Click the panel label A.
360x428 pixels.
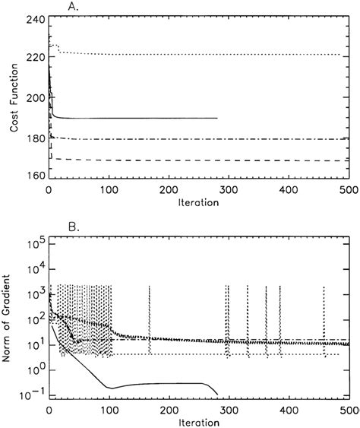click(x=53, y=8)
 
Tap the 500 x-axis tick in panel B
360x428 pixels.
click(x=349, y=408)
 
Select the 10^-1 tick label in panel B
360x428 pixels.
click(x=33, y=395)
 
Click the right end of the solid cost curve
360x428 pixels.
click(x=217, y=118)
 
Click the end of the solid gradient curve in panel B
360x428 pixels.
click(x=217, y=394)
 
